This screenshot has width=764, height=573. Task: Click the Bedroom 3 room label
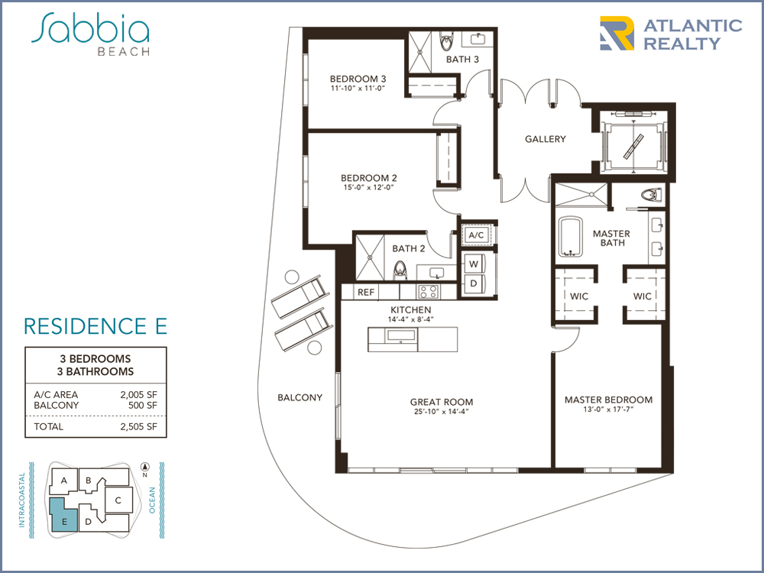358,79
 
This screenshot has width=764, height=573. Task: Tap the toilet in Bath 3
446,42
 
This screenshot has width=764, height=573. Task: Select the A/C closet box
476,235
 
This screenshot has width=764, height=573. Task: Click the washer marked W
474,264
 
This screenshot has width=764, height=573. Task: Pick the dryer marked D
474,283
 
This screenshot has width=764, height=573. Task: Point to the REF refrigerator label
366,292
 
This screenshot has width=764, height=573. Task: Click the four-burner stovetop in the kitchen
429,292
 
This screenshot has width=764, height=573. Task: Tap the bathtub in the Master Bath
570,236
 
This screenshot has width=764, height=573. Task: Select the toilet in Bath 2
400,270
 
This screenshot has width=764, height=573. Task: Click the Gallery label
545,139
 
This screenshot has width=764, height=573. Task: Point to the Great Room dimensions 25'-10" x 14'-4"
442,412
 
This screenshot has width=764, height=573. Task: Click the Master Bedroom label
609,400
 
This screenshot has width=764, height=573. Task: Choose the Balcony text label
299,397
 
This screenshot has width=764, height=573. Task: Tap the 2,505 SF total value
139,427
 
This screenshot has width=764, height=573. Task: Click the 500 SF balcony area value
143,406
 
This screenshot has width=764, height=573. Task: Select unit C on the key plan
118,500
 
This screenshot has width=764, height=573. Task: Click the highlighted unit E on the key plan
64,516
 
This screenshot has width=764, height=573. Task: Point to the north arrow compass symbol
144,466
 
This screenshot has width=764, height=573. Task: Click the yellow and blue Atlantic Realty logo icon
617,33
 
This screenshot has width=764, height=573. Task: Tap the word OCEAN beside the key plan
151,500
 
